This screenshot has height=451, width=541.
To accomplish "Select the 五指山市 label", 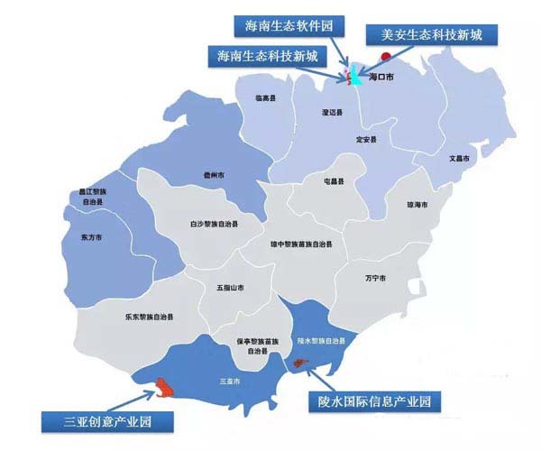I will (230, 289).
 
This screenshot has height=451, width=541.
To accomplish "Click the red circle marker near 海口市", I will (385, 57).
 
